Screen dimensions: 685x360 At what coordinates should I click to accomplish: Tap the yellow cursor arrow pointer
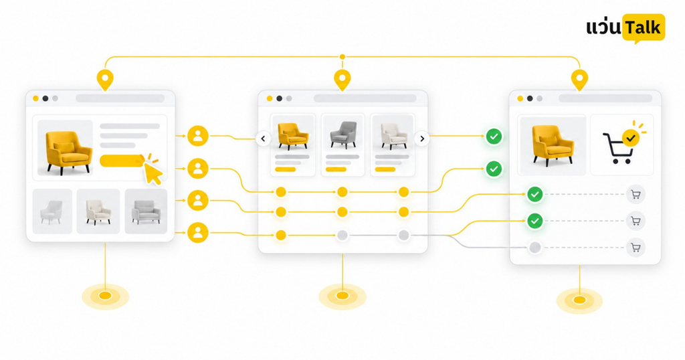click(153, 174)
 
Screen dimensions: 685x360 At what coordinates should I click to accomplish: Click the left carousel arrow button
click(263, 139)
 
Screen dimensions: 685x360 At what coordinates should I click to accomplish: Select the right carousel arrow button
click(422, 139)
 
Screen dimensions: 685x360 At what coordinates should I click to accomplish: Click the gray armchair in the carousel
click(343, 134)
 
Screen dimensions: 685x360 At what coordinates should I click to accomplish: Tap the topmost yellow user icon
click(198, 136)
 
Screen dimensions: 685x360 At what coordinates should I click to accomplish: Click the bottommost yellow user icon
click(198, 233)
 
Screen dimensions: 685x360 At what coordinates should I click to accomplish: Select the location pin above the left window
click(105, 80)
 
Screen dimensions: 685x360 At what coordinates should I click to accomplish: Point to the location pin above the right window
click(579, 80)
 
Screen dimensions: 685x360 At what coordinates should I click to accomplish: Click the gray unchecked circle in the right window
click(534, 248)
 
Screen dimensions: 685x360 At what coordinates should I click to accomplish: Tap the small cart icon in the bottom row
click(635, 248)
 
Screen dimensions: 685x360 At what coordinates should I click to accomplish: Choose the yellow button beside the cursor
click(122, 161)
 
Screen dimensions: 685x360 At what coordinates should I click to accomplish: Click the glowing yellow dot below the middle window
click(342, 296)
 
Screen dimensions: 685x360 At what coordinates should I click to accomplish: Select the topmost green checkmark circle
click(494, 137)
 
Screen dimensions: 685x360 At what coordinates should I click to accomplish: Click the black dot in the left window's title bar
click(45, 98)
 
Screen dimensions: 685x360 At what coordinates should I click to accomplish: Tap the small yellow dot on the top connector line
click(342, 57)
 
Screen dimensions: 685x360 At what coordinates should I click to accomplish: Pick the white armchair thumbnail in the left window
click(52, 212)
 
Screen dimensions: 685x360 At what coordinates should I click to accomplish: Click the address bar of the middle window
click(365, 98)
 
